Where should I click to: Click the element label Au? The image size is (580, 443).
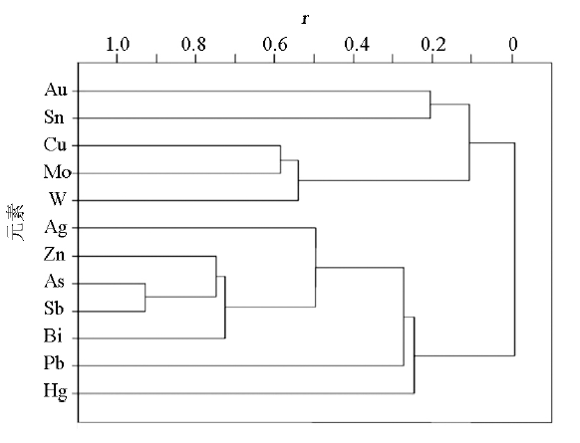pos(56,90)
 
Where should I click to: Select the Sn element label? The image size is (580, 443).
pos(54,117)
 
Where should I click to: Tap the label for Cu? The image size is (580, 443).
pos(56,144)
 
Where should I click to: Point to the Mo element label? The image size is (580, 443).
pos(58,172)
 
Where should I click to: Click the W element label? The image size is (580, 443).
pos(58,199)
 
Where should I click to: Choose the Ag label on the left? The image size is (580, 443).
pos(56,228)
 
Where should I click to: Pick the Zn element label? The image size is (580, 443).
pos(55,255)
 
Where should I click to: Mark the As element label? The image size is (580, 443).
pos(54,282)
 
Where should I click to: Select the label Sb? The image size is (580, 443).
pos(54,309)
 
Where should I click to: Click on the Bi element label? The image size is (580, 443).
pos(53,335)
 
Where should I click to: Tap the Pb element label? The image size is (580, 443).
pos(54,363)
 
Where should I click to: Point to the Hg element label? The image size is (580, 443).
pos(56,391)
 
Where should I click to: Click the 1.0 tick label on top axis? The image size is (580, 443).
pos(118,45)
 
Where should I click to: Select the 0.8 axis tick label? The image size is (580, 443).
pos(193,45)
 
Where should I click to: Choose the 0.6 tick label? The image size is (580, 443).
pos(274,45)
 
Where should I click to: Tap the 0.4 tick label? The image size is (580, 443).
pos(357,45)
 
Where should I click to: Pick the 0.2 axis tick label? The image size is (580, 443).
pos(434,45)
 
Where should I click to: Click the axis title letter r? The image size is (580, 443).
pos(305,19)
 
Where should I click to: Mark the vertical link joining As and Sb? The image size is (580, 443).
pos(145,298)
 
